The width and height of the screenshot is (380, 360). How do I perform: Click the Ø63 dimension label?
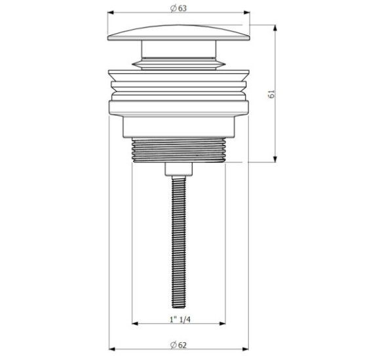(179, 9)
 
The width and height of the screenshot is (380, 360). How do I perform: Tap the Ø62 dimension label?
(179, 345)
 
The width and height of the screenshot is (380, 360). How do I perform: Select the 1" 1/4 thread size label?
(180, 319)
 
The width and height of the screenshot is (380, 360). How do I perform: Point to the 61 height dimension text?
(272, 94)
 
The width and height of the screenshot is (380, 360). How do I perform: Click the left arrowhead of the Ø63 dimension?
(111, 12)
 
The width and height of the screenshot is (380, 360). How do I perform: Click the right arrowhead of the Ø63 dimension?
(247, 12)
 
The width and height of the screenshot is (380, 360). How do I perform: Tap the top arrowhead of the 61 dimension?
(275, 28)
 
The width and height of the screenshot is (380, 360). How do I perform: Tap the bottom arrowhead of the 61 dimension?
(275, 159)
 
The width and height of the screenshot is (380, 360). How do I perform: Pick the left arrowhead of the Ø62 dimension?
(112, 349)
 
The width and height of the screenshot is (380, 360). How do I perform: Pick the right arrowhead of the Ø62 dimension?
(246, 349)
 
